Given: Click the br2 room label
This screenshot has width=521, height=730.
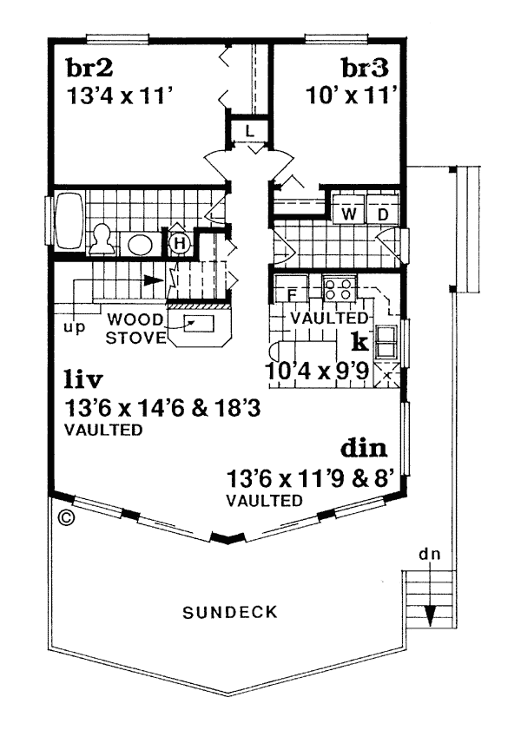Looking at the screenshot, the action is coord(89,69).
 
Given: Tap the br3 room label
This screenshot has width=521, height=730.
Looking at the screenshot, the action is coord(365,69).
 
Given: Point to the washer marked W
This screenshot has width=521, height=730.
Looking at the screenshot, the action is coord(349,208).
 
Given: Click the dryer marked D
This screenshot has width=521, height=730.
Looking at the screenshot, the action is coord(382,208).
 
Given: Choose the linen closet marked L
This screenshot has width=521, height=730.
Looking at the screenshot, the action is coord(249,131).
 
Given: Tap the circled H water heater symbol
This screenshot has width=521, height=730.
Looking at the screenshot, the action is coord(180,242).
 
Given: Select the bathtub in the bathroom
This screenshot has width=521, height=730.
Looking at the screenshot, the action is coord(69,221).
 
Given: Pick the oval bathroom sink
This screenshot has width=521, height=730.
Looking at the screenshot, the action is coord(140,244).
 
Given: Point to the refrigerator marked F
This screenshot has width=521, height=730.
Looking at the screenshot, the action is coord(291,289).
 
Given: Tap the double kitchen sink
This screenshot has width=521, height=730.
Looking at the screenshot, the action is coord(387,342).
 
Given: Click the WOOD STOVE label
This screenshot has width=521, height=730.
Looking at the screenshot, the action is coord(135,329).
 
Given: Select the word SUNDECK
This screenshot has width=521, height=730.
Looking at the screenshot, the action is coord(230,612).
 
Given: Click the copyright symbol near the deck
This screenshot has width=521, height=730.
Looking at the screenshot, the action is coord(68,517).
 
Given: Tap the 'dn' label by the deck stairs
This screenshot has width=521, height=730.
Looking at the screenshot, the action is coord(429,554).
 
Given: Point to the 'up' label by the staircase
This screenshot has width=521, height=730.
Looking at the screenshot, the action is coord(74,328).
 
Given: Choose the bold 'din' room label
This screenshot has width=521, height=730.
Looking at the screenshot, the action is coord(364,449).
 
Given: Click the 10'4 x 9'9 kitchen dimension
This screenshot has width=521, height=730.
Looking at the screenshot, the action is coord(318,372).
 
